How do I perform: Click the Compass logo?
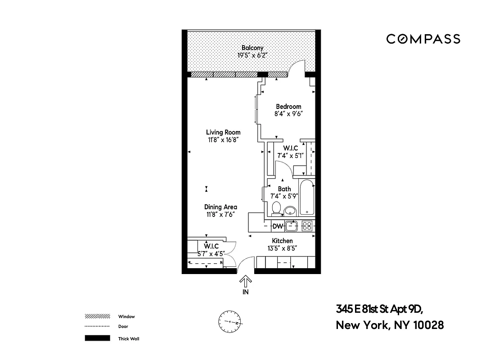(423, 39)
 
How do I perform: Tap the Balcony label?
(252, 48)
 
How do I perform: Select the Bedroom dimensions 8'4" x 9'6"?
(288, 114)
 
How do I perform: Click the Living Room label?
(223, 132)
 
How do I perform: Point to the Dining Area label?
(220, 207)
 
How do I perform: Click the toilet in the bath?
(276, 208)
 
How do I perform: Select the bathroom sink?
(290, 210)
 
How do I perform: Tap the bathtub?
(307, 198)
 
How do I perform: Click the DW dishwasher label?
(278, 226)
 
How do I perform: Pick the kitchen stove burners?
(307, 226)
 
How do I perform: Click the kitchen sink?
(292, 225)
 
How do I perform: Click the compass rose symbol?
(230, 322)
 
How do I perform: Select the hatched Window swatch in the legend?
(97, 316)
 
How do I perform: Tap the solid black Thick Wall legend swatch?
(97, 338)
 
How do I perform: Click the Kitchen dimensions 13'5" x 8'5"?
(282, 248)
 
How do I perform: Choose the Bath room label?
(284, 189)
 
